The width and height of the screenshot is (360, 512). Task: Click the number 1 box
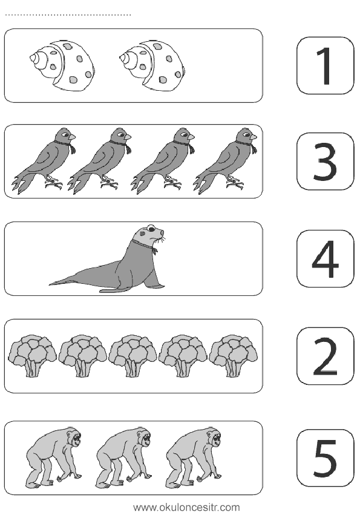pos(325,65)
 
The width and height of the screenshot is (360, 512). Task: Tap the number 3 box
pos(325,162)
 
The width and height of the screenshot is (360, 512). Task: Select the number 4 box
pos(325,258)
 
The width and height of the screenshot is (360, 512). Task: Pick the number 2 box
pos(325,356)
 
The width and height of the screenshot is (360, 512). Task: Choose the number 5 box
pos(325,458)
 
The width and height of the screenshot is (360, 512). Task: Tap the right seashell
pos(152,65)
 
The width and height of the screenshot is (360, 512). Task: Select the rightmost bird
pos(225,160)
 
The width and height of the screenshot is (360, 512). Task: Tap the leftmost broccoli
pos(33,356)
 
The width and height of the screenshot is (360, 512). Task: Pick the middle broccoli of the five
pos(133,356)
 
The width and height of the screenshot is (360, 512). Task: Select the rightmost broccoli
pos(233,356)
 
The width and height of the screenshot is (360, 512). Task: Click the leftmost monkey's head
pos(74,436)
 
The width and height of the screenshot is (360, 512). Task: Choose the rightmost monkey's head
pos(214,436)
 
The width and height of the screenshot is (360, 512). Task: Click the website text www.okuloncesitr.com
pos(187,507)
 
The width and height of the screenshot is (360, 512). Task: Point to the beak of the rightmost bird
pos(253,137)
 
